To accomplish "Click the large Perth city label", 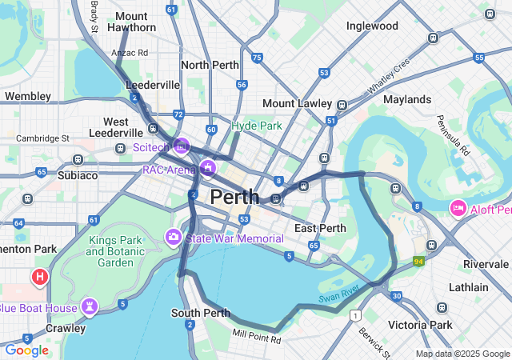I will (234, 197).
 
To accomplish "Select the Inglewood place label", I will (372, 26).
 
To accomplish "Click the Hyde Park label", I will (257, 126).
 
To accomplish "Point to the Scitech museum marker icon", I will (182, 146).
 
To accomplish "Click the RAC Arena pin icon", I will (209, 167).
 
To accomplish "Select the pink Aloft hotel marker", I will (458, 208).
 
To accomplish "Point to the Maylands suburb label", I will (406, 99).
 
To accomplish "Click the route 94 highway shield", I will (418, 262).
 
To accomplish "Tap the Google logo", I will (26, 350).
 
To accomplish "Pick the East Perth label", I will (320, 228).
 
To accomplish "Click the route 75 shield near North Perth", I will (256, 58).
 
